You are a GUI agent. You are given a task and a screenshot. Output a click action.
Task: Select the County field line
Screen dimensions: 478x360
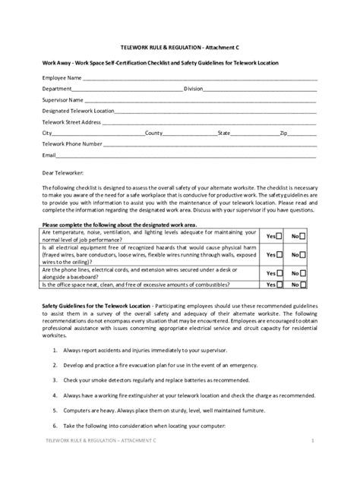click(190, 134)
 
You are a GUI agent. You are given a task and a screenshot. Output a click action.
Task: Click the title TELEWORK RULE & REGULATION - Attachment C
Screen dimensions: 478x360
click(179, 47)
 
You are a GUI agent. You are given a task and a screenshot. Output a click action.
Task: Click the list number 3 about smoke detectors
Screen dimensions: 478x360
click(56, 379)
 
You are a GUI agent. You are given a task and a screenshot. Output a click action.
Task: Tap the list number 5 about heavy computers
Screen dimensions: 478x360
click(56, 409)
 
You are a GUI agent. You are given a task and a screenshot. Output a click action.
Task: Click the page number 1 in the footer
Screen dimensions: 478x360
click(313, 461)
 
